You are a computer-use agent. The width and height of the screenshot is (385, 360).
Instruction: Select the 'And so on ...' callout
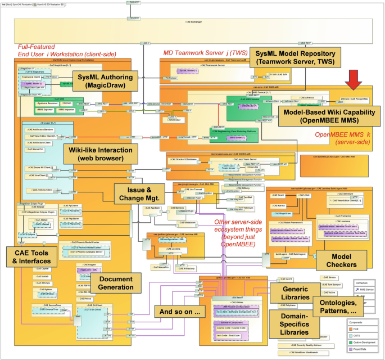click(180, 310)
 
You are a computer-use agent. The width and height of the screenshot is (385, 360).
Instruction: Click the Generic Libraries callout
click(292, 292)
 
